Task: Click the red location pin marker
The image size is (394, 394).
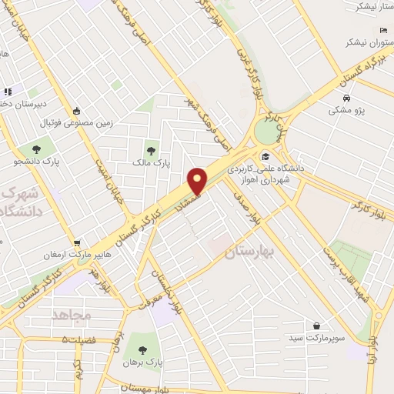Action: (198, 180)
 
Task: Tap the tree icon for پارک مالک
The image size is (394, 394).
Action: (151, 149)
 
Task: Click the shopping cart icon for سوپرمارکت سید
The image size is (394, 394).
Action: (316, 326)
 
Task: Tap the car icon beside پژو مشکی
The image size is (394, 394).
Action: (348, 98)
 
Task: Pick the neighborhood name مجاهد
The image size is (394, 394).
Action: (72, 315)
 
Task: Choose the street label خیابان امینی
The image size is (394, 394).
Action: (106, 169)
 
